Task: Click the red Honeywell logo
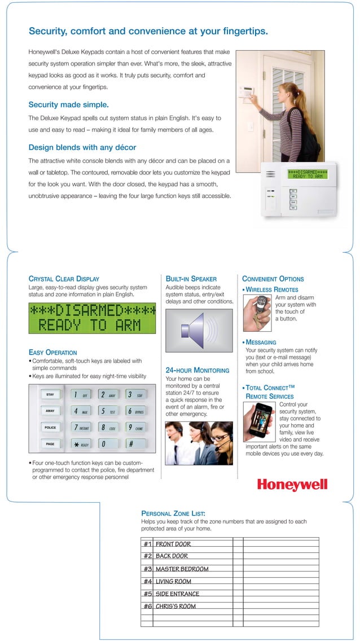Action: point(292,485)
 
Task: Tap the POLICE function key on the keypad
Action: point(50,428)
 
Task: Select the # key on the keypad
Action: point(130,444)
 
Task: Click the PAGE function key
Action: point(50,444)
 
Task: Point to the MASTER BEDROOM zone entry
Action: point(182,569)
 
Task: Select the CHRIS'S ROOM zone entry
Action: point(175,606)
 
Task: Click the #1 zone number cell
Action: point(147,544)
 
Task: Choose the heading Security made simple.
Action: point(68,104)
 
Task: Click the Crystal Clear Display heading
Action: point(64,279)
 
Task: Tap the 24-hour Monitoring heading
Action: point(197,370)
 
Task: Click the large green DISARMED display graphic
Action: point(92,318)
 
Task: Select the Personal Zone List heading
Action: point(173,513)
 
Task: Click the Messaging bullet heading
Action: point(261,342)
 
